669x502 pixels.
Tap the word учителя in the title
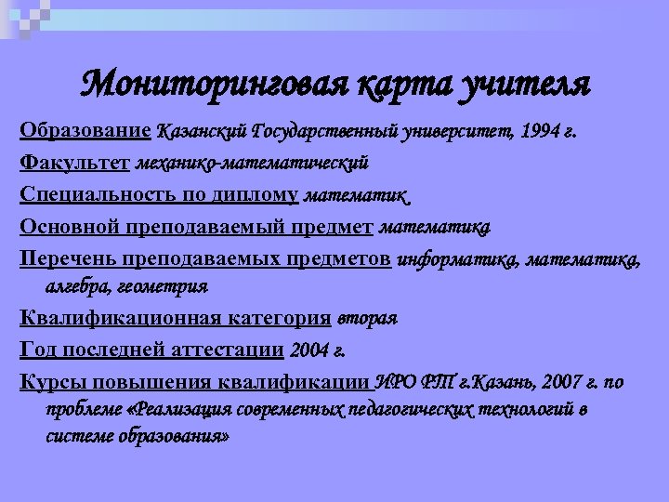[525, 85]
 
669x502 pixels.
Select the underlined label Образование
[85, 130]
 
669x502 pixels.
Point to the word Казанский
[200, 131]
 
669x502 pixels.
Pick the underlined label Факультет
[74, 164]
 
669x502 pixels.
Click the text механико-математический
[252, 164]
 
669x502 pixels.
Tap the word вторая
[366, 319]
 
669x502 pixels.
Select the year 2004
[308, 350]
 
